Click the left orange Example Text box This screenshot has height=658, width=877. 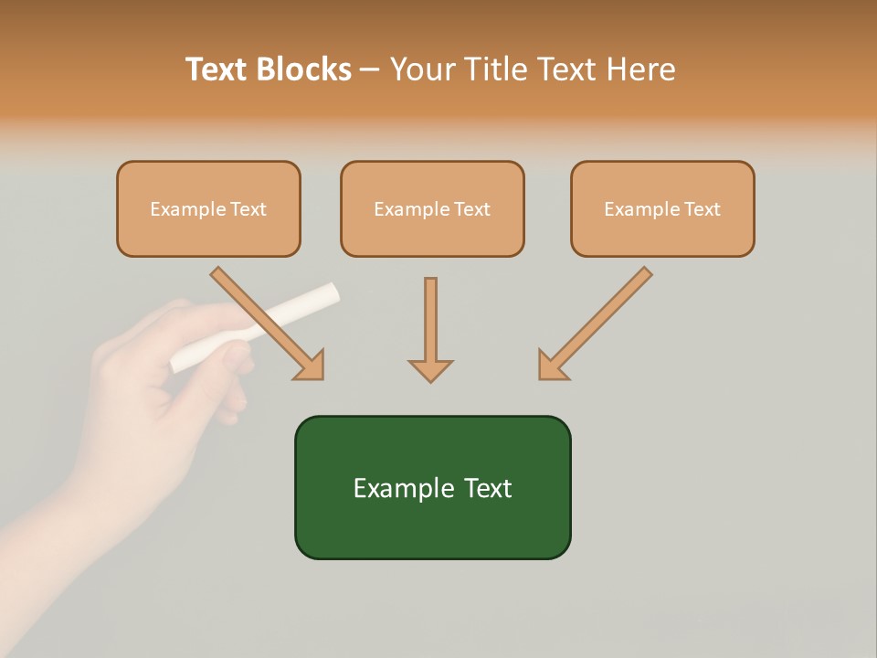208,208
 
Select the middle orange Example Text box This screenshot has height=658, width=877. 432,208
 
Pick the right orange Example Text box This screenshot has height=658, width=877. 662,208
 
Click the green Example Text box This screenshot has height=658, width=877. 432,487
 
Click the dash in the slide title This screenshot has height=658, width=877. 371,70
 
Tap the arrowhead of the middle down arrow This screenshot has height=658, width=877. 430,369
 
